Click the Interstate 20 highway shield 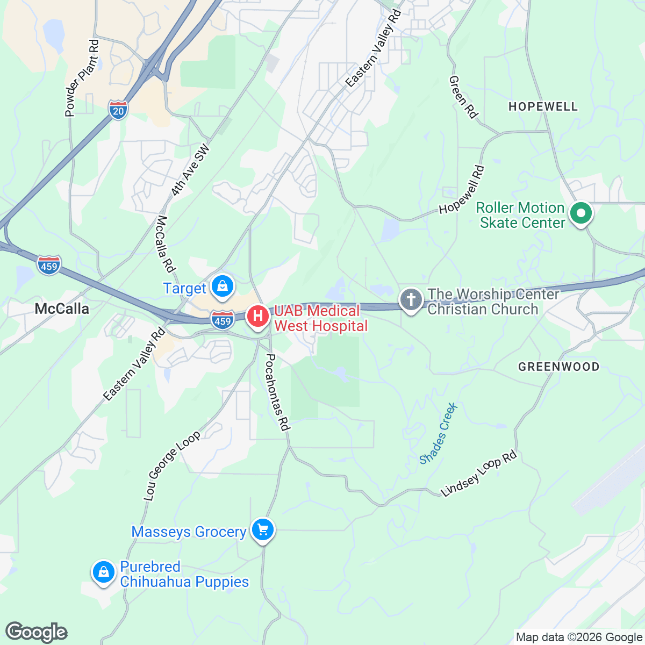click(x=118, y=109)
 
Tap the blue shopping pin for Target click(x=221, y=286)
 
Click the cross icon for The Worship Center click(x=411, y=300)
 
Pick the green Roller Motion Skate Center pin click(x=580, y=214)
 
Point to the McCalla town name click(x=62, y=309)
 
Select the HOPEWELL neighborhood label click(x=543, y=106)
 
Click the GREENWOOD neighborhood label click(x=558, y=367)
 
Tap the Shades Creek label click(x=439, y=433)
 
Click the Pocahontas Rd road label click(x=278, y=392)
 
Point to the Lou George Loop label click(x=171, y=465)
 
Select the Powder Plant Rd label click(x=82, y=78)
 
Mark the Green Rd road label click(x=463, y=97)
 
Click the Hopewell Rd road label click(x=462, y=190)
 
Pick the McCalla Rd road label click(x=167, y=243)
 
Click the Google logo click(x=37, y=632)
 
